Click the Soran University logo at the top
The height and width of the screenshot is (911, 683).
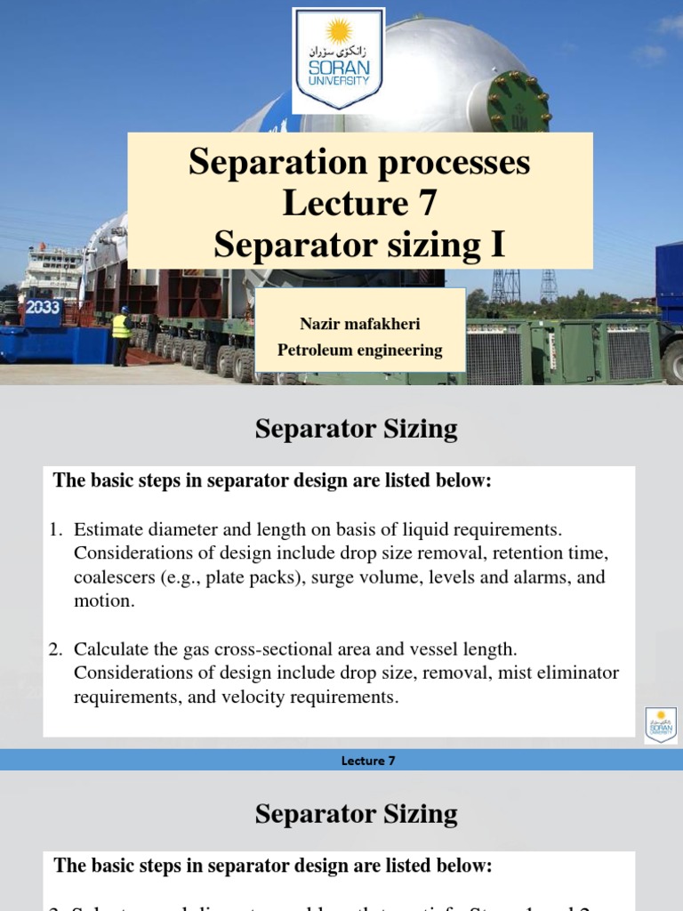pos(338,60)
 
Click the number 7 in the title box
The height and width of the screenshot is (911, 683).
pos(426,204)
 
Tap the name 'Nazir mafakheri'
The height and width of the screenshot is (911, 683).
pos(359,324)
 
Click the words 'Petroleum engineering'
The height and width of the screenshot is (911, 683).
pos(359,350)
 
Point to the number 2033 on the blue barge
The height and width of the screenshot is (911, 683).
pos(42,307)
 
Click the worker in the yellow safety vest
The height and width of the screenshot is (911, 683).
pos(120,335)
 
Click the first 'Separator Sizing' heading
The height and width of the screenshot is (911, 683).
pos(356,429)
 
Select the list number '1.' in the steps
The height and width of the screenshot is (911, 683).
pos(56,529)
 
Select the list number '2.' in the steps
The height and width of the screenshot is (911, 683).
pos(56,649)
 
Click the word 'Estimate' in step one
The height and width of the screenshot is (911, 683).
pos(108,529)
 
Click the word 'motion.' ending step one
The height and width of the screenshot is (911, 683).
pos(104,601)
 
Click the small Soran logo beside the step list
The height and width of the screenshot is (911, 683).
pos(660,725)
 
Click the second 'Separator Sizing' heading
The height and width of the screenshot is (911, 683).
pos(356,813)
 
